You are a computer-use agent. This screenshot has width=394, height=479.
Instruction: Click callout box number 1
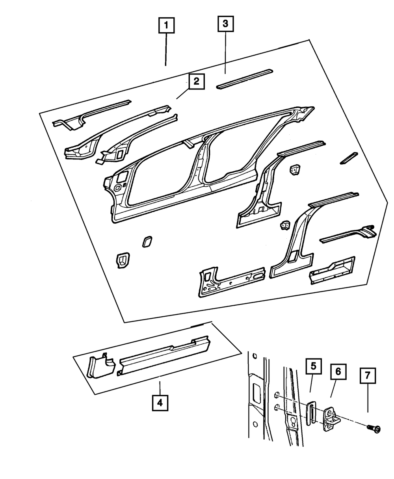pyautogui.click(x=166, y=26)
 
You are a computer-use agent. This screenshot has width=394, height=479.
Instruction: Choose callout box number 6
pyautogui.click(x=338, y=371)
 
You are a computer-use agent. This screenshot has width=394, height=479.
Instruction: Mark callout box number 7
pyautogui.click(x=368, y=376)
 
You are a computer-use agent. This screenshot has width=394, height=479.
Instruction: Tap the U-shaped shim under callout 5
pyautogui.click(x=311, y=413)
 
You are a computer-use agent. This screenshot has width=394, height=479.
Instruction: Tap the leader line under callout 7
pyautogui.click(x=368, y=399)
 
